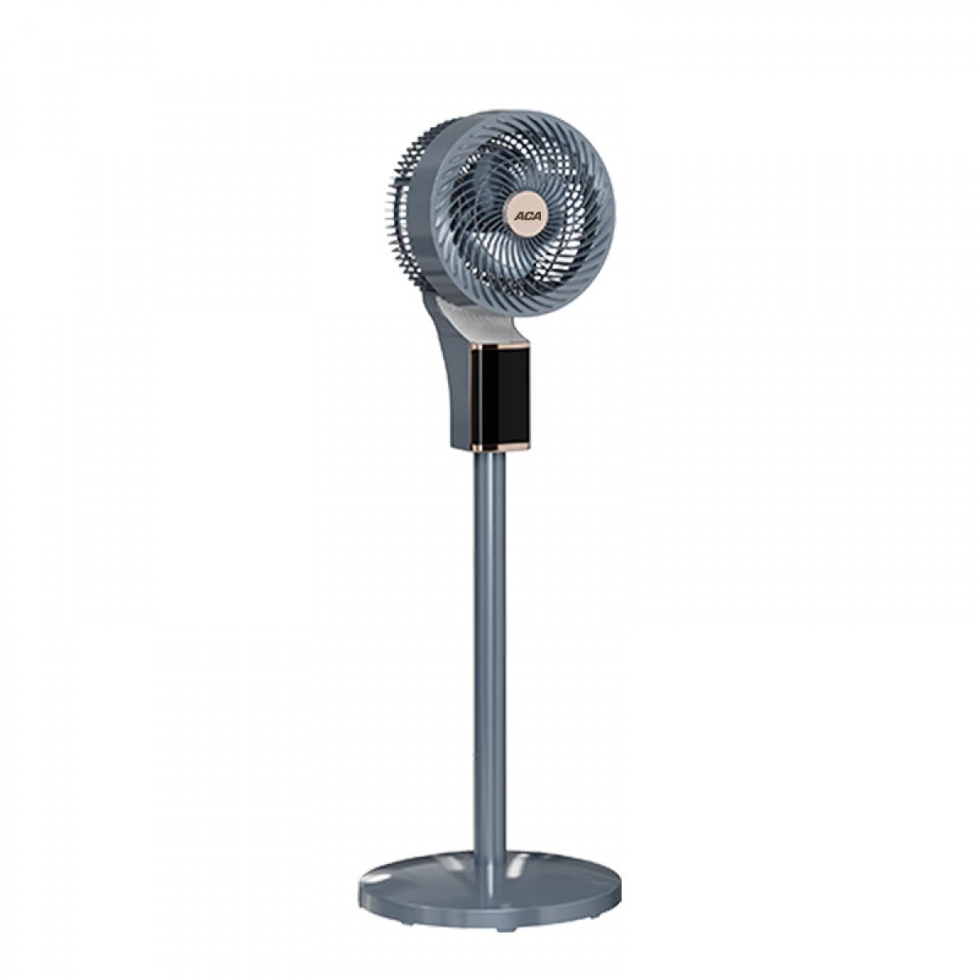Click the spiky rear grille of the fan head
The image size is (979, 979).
[x=406, y=214]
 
